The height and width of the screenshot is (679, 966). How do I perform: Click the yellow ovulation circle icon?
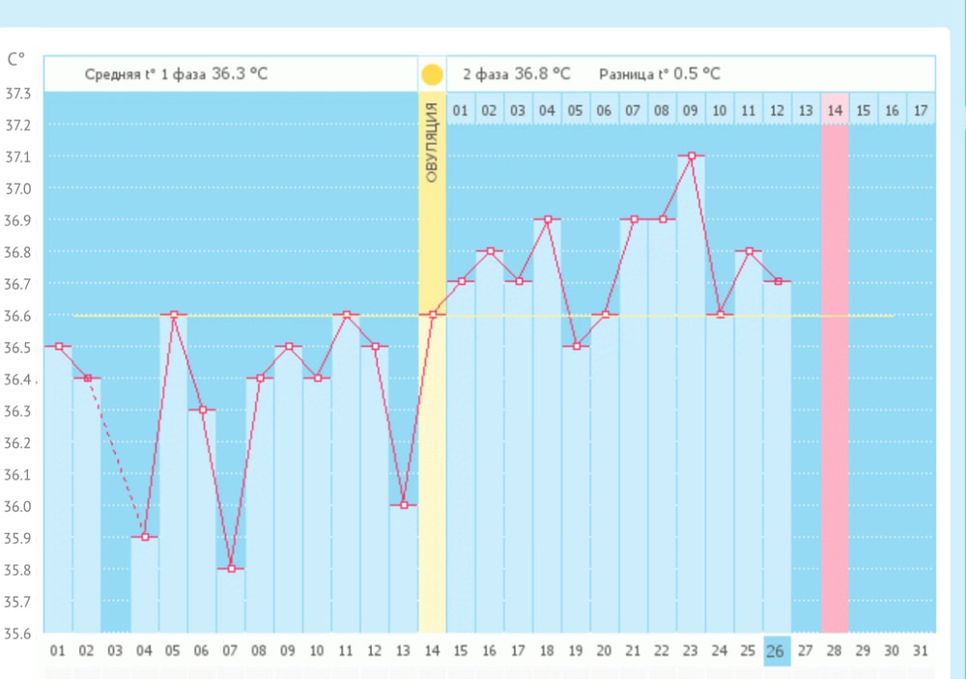[432, 74]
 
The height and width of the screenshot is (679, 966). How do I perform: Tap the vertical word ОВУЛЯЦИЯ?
[432, 142]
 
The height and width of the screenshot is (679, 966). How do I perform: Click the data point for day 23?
[691, 156]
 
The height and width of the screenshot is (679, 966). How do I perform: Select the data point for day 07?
[231, 569]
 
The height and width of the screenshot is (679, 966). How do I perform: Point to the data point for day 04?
[145, 537]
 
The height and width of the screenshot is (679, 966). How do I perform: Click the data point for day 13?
[403, 505]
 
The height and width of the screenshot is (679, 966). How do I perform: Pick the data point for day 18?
[548, 219]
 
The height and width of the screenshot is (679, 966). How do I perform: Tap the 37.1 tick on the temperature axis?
[18, 157]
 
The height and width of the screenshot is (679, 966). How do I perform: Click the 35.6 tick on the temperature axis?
[18, 635]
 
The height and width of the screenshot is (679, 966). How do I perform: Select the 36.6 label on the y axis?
[18, 316]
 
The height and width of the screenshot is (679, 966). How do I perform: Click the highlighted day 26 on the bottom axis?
[775, 651]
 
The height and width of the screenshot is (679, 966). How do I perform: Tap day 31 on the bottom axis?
[921, 651]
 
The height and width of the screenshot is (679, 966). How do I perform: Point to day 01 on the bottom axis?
[57, 651]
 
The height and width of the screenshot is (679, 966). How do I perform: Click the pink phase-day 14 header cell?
[835, 110]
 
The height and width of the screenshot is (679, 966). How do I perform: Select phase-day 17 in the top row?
[921, 110]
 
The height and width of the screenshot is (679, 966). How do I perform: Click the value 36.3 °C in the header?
[240, 74]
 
